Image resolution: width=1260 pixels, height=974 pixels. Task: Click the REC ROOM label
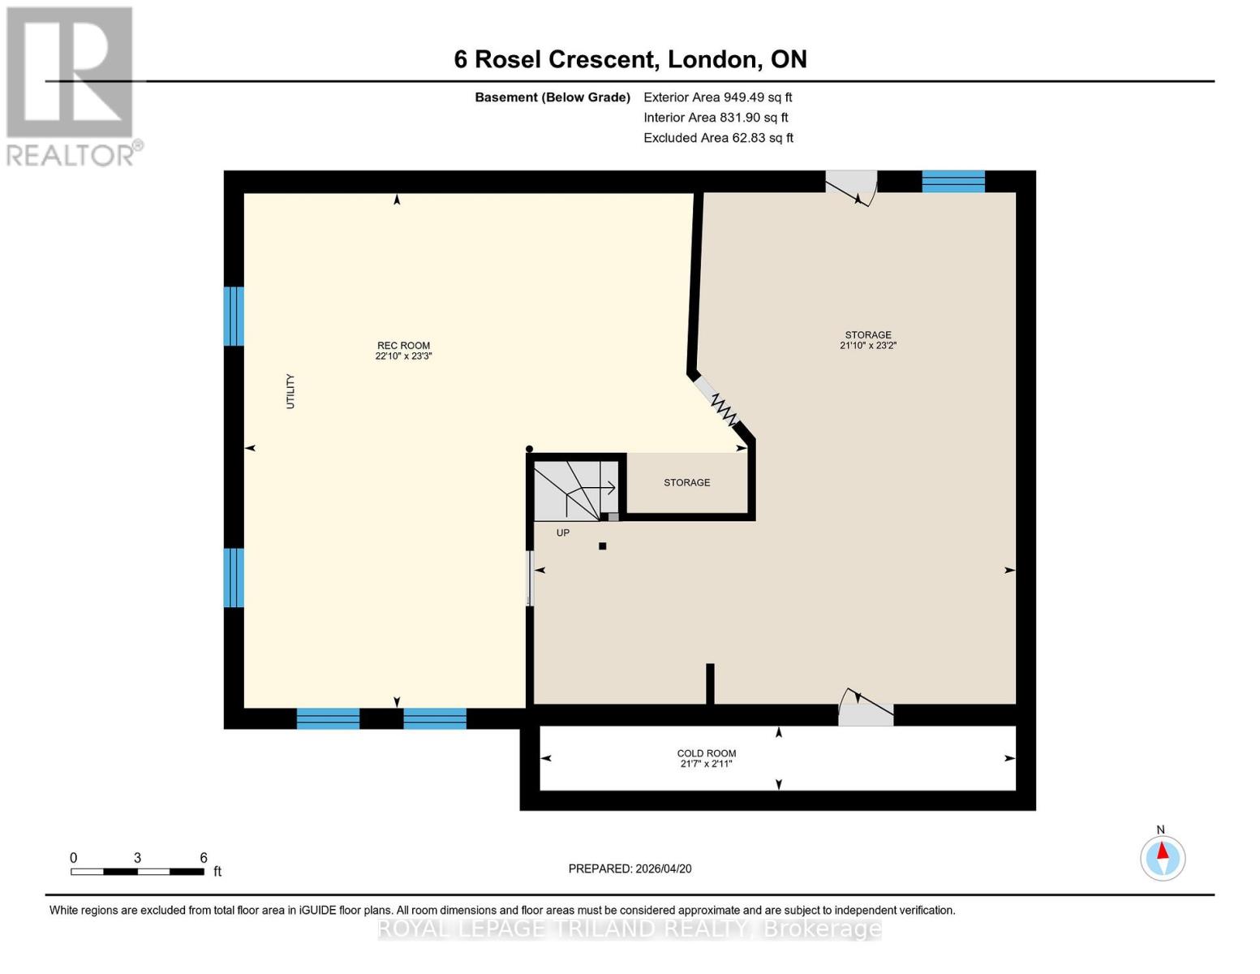[x=403, y=345]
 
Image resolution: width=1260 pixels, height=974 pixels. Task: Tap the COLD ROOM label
[x=706, y=753]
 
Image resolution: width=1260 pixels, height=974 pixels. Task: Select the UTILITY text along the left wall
[x=290, y=391]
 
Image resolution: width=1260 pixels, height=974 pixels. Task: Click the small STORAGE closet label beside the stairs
[x=686, y=482]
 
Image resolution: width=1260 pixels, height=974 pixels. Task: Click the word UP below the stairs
[x=562, y=533]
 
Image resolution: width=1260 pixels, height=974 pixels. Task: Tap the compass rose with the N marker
[x=1162, y=858]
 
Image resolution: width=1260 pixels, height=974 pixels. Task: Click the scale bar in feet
[x=137, y=871]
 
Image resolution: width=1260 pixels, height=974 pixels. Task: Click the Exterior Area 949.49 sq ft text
[x=717, y=97]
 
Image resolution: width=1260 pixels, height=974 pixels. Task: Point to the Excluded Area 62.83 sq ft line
[x=718, y=138]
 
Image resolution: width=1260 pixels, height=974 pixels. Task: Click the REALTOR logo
[x=71, y=86]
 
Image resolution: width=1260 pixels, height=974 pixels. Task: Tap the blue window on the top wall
[x=953, y=181]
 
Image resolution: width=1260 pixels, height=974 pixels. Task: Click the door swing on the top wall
[x=853, y=187]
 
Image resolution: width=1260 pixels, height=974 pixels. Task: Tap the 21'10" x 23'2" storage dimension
[x=867, y=346]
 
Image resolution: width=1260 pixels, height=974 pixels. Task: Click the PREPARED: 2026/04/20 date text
[x=630, y=868]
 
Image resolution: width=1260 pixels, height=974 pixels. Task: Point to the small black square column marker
[x=603, y=546]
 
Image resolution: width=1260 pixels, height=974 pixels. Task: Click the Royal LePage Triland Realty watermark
[x=630, y=929]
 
